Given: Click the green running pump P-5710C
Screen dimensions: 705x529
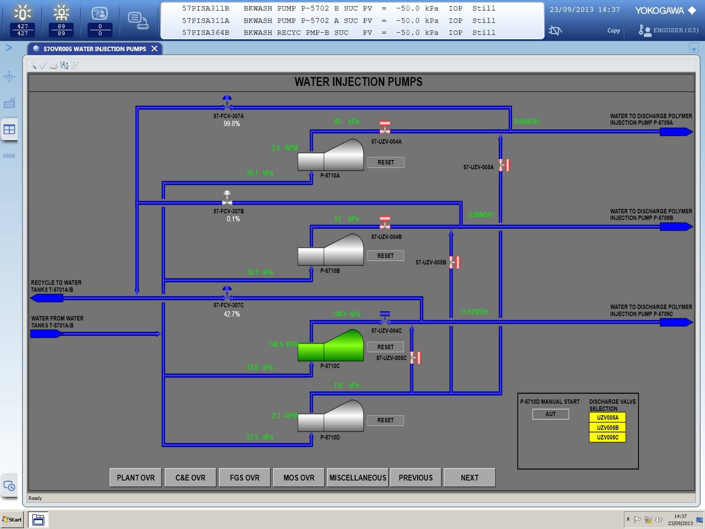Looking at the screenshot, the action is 330,346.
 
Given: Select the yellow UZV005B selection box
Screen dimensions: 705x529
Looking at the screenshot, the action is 607,428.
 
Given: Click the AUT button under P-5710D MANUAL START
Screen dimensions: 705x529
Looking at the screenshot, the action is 550,414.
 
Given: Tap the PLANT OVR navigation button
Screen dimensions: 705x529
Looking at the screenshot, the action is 136,477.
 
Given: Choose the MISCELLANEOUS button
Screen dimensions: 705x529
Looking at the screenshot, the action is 357,477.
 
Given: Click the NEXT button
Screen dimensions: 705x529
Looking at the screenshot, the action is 469,477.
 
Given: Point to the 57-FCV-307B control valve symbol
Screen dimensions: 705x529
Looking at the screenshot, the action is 227,197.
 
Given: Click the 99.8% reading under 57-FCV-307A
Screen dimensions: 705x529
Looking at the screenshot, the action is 232,124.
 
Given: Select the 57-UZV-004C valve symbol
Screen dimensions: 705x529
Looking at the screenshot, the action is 385,318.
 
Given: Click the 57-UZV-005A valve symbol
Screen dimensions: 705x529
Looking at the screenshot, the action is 504,165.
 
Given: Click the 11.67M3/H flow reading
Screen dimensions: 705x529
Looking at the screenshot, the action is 475,312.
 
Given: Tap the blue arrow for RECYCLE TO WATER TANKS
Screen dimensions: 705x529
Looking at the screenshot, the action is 47,298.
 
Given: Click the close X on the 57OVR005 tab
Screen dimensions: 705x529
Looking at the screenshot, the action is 155,48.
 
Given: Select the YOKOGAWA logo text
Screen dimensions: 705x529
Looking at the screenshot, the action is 659,11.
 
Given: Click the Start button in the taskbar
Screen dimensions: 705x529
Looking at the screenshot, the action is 12,519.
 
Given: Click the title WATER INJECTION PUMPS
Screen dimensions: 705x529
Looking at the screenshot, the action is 358,82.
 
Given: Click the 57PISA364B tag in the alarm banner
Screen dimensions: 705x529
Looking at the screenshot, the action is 206,33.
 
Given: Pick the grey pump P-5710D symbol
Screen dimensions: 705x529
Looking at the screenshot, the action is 330,416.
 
